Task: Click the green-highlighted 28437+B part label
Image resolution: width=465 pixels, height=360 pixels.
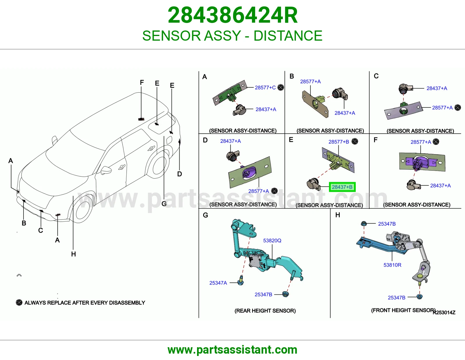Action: pos(342,187)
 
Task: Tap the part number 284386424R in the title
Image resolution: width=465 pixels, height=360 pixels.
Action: pos(233,15)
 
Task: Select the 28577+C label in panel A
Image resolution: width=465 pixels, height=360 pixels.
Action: pos(265,88)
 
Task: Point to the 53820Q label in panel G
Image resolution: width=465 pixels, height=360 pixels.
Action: pos(272,240)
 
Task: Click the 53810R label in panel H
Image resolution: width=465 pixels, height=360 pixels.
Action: pos(392,265)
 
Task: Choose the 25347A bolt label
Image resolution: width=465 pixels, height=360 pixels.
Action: pos(218,283)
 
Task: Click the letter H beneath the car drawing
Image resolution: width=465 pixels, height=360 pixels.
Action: pos(74,254)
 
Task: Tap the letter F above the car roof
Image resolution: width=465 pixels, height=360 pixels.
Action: pos(142,82)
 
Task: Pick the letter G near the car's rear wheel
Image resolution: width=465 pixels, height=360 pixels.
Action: pos(164,204)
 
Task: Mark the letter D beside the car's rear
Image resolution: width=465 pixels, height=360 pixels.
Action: pos(180,174)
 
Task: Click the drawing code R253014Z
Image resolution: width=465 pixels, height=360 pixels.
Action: pos(444,313)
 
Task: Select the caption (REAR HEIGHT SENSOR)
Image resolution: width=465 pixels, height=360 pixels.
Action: pos(265,311)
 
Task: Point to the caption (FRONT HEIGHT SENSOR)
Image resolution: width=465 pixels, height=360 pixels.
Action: pos(403,310)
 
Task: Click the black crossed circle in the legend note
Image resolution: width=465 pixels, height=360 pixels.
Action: pos(19,303)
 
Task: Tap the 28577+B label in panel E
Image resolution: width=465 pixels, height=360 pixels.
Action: pos(339,142)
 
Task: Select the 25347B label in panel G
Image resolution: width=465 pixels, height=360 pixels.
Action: pos(263,295)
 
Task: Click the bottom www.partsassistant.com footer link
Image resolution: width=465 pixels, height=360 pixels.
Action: pos(233,350)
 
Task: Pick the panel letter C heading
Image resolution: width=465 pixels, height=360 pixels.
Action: pos(376,76)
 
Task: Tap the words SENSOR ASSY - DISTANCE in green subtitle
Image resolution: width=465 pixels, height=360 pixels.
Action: pos(233,35)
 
